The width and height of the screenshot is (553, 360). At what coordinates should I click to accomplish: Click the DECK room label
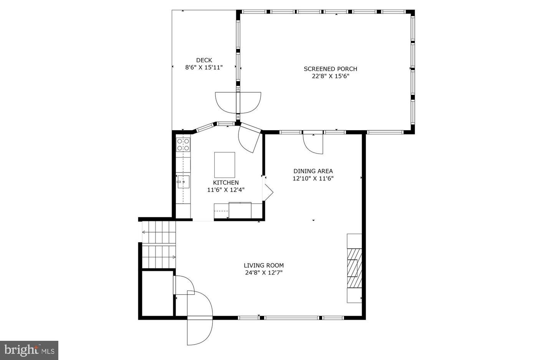(204, 60)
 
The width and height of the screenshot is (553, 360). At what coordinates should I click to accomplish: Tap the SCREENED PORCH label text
(330, 69)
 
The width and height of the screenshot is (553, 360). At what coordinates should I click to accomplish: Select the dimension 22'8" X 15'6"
(330, 76)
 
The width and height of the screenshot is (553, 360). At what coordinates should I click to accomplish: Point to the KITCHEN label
(226, 182)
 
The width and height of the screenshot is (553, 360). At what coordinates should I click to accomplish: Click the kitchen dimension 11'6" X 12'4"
(226, 190)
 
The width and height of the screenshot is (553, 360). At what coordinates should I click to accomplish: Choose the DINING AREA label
(313, 171)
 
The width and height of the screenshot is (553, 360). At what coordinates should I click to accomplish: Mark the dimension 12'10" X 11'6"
(313, 178)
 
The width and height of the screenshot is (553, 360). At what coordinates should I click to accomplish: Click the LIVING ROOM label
(264, 265)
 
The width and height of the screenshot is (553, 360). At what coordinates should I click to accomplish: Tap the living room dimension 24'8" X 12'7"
(264, 273)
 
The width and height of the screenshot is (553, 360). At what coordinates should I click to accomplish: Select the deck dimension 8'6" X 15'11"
(204, 67)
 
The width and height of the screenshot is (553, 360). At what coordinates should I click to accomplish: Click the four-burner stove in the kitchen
(183, 144)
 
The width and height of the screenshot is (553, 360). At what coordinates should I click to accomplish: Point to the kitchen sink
(183, 181)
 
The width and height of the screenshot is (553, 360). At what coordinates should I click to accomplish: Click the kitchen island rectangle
(224, 164)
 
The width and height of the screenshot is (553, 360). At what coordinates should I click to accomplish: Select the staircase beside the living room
(159, 244)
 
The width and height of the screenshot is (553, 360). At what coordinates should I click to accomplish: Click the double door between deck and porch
(238, 102)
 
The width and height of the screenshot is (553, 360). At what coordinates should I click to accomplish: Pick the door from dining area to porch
(313, 143)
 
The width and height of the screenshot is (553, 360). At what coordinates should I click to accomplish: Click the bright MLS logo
(29, 350)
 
